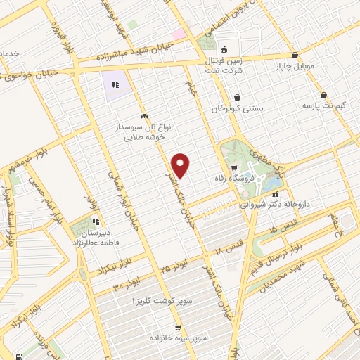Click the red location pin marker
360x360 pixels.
point(181,165)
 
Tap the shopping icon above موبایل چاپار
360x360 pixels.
point(295,55)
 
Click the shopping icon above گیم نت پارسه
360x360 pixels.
point(323,94)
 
